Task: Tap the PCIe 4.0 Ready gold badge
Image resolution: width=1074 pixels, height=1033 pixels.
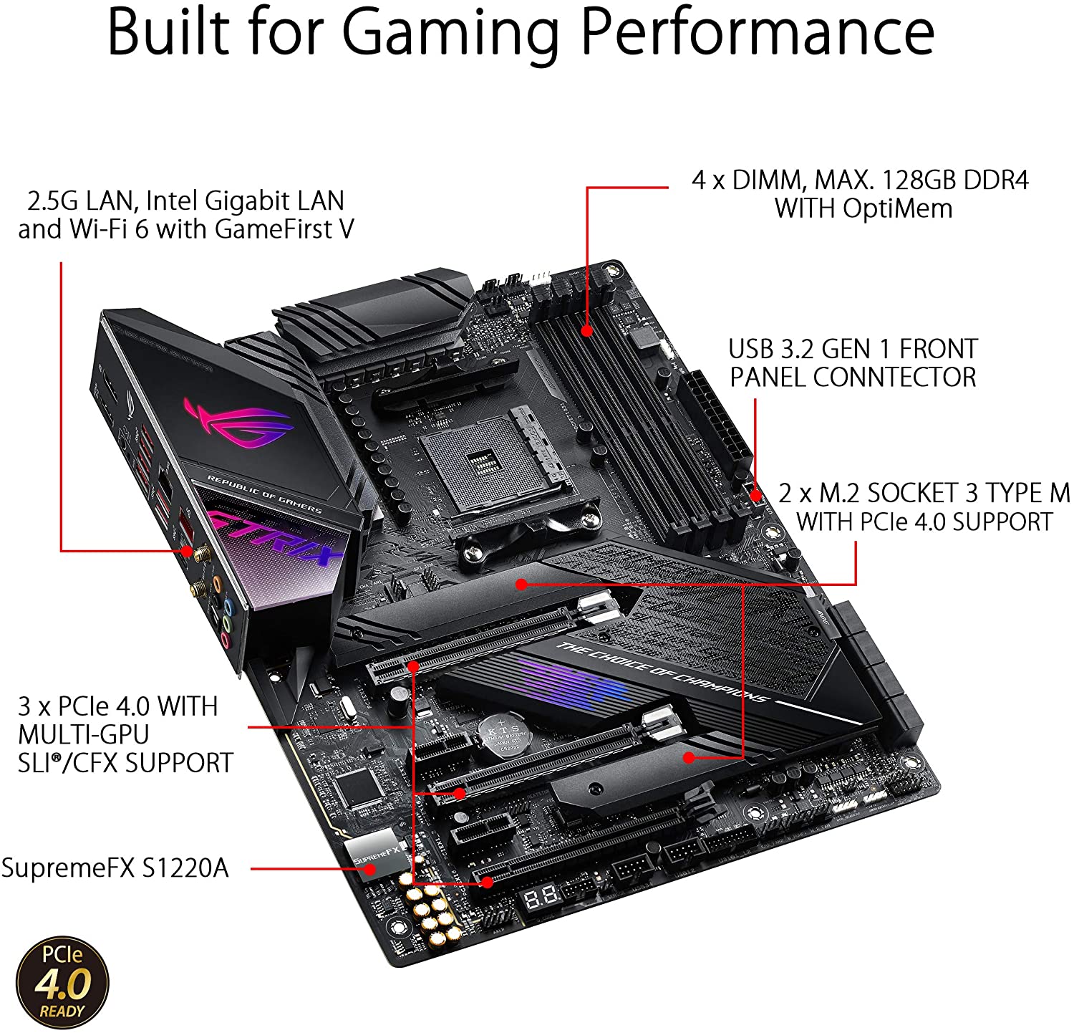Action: [63, 981]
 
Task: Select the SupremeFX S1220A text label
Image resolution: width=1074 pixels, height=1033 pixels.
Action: [115, 868]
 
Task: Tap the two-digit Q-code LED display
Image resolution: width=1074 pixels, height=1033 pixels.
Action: [541, 896]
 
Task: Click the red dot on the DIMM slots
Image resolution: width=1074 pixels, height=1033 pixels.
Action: [586, 331]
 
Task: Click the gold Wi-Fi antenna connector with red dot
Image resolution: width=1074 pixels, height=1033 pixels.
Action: [187, 551]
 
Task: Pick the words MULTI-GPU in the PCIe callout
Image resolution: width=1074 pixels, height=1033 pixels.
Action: [84, 734]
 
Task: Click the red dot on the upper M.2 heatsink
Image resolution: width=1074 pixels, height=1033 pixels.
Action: [521, 585]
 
